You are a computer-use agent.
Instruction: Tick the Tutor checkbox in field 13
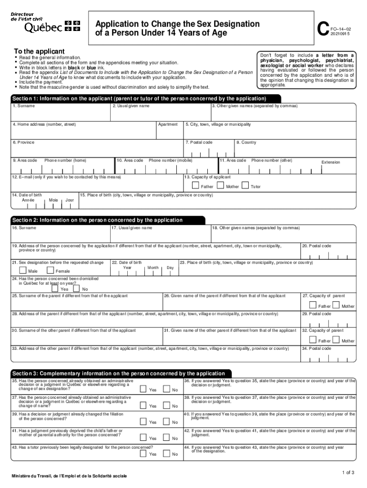point(245,185)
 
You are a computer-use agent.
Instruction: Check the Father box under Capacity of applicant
point(195,185)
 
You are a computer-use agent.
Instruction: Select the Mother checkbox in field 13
point(220,185)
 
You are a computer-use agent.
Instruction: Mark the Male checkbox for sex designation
point(23,271)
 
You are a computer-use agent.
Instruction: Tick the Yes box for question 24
point(55,288)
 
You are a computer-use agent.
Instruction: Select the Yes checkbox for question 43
point(143,453)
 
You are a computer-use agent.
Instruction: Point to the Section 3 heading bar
point(121,373)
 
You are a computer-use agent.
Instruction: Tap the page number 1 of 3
point(347,472)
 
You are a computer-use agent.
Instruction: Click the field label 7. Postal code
point(199,142)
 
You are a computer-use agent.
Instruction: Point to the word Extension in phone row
point(331,162)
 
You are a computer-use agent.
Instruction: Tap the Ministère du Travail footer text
point(70,476)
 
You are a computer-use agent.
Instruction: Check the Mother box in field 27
point(336,305)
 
